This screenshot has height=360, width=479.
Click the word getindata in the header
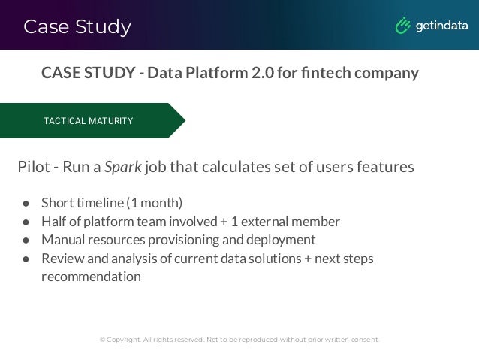(x=441, y=26)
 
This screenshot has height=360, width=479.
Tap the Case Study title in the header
(x=77, y=27)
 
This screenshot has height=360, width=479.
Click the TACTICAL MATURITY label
(x=88, y=121)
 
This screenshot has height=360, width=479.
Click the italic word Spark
(x=122, y=166)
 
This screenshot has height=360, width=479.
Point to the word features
(x=384, y=166)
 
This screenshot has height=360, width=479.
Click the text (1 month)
(x=154, y=203)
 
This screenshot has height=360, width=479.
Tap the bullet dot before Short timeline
(x=25, y=203)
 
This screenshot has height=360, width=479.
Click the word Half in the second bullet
(x=55, y=222)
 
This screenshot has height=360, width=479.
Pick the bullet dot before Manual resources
(x=25, y=240)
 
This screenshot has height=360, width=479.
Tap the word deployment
(x=283, y=240)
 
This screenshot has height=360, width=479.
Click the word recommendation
(x=91, y=276)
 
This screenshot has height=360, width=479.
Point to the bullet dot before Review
(x=25, y=259)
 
